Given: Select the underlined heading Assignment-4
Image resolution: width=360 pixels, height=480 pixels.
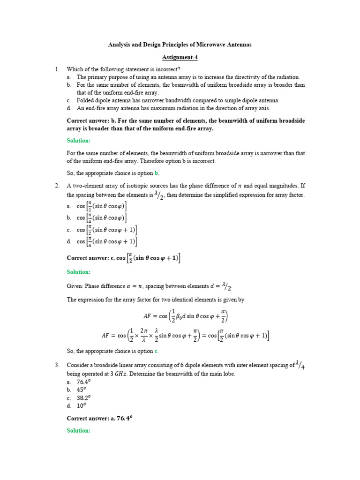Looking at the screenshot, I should click(180, 57).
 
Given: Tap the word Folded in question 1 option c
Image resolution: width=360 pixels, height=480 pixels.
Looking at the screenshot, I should click(86, 100).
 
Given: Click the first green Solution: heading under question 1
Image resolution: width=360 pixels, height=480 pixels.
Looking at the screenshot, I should click(79, 141).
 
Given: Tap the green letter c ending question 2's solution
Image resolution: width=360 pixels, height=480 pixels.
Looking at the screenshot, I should click(157, 351).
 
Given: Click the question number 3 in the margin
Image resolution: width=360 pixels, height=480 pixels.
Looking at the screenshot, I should click(57, 365).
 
